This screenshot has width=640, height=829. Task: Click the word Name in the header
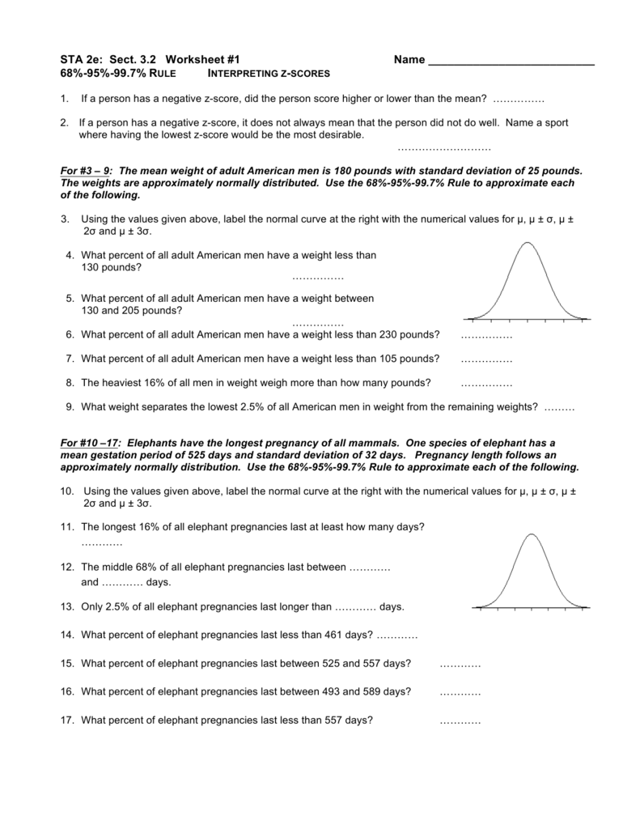[x=409, y=60]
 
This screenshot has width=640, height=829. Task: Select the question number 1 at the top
[x=63, y=99]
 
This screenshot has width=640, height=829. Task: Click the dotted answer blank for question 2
[x=444, y=149]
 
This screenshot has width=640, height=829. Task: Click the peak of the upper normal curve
[x=528, y=243]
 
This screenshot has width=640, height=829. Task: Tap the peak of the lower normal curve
[x=531, y=534]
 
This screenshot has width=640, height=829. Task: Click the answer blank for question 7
[x=486, y=359]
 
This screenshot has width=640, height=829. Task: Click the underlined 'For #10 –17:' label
[x=91, y=444]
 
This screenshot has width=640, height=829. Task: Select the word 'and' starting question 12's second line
[x=90, y=582]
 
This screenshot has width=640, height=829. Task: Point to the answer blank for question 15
[x=460, y=665]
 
